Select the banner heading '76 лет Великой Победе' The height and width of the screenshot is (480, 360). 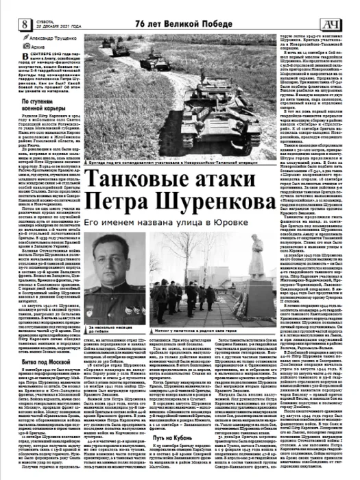click(175, 8)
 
